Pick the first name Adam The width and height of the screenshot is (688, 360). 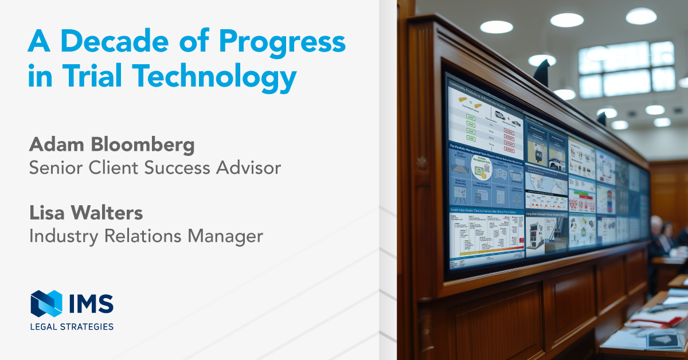52,146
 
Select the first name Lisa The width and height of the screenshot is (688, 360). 46,213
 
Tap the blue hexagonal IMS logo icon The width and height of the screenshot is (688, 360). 46,303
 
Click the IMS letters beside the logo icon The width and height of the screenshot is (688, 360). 89,304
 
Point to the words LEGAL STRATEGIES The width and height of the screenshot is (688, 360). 72,326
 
